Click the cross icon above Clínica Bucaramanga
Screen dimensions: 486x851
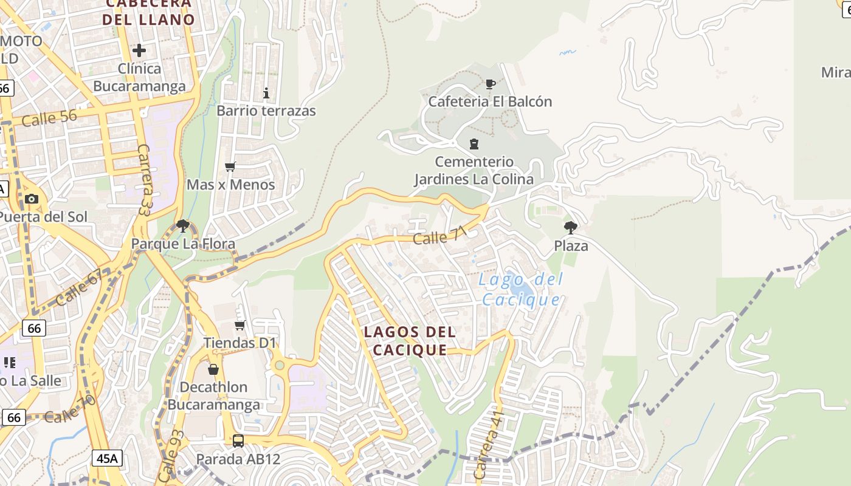tap(139, 50)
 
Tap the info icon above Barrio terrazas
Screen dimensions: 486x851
tap(266, 93)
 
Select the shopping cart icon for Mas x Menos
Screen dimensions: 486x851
tap(230, 166)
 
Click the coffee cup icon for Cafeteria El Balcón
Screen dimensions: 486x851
tap(491, 84)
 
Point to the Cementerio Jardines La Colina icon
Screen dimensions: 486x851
tap(474, 144)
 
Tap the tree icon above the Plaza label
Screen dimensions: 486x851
tap(570, 228)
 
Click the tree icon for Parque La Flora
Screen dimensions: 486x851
tap(182, 227)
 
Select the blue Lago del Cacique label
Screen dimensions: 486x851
tap(520, 290)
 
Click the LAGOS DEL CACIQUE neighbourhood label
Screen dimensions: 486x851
tap(410, 341)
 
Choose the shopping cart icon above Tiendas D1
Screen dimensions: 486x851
tap(240, 326)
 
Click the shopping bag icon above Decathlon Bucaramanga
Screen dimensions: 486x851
tap(213, 369)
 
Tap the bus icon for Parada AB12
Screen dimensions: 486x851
tap(238, 440)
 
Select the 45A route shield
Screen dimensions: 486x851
tap(107, 458)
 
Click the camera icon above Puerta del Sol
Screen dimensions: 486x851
tap(32, 199)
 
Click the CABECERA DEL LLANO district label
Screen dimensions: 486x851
tap(148, 12)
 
